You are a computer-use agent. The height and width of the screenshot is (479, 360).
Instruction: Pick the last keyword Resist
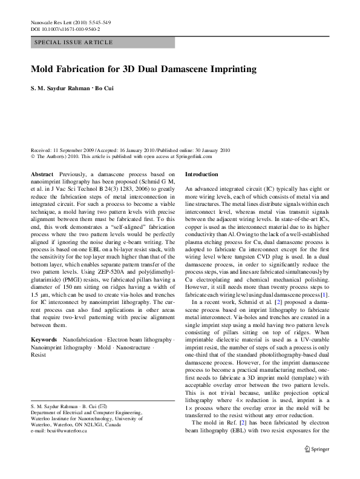[38, 355]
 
